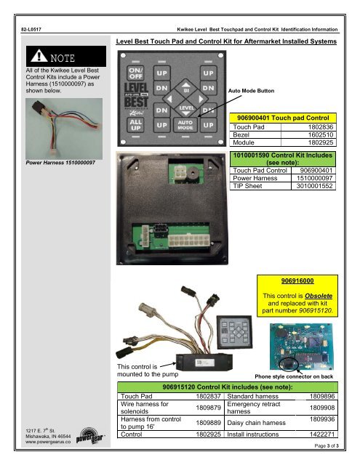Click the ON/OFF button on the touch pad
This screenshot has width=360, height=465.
coord(135,73)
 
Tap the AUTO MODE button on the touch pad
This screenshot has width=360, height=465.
coord(185,125)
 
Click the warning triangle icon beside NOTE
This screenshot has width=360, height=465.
coord(39,56)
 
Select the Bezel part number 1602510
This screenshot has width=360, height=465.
coord(321,134)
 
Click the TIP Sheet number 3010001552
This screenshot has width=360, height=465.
coord(314,186)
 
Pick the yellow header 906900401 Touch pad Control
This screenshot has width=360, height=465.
coord(283,118)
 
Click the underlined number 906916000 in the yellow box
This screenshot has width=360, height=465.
coord(297,280)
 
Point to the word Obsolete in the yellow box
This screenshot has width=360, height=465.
coord(319,296)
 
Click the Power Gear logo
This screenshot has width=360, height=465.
coord(90,436)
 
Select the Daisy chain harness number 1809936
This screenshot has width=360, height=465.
coord(322,419)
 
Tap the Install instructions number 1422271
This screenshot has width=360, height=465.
coord(322,434)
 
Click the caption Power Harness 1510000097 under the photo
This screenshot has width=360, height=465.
coord(60,163)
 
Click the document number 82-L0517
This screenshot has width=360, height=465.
coord(31,29)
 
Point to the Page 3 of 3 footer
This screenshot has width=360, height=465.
coord(326,445)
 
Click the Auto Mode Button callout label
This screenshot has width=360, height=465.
coord(251,91)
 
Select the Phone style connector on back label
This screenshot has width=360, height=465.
coord(294,376)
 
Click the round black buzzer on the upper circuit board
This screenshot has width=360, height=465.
coord(193,172)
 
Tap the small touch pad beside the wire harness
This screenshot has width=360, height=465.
coord(234,332)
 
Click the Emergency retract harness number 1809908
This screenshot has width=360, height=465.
coord(322,408)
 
